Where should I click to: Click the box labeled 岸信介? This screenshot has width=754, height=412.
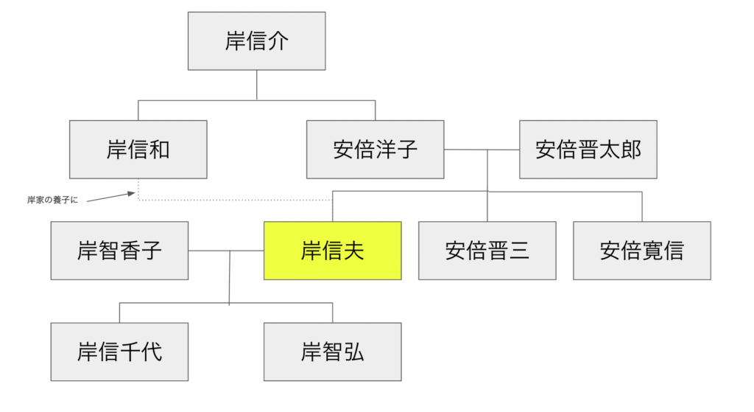tap(256, 41)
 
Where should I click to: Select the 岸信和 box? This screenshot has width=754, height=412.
tap(138, 150)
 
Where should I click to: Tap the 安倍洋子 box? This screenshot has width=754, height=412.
tap(375, 150)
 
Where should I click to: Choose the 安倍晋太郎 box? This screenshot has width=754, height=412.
tap(588, 150)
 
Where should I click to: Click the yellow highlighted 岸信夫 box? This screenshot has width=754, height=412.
tap(332, 251)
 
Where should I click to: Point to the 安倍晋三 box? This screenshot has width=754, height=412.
tap(487, 251)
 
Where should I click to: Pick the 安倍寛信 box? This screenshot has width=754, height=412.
tap(641, 251)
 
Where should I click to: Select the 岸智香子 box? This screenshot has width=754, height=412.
tap(119, 251)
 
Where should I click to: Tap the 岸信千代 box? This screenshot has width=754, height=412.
tap(119, 352)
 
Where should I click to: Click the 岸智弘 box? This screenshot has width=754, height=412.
tap(332, 352)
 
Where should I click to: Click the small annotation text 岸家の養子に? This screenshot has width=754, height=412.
tap(52, 200)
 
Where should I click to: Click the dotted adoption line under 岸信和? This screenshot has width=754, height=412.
tap(236, 200)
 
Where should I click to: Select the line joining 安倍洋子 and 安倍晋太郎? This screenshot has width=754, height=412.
tap(482, 150)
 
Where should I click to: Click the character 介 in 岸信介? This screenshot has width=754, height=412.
tap(278, 41)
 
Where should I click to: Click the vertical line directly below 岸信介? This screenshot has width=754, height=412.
tap(256, 85)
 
